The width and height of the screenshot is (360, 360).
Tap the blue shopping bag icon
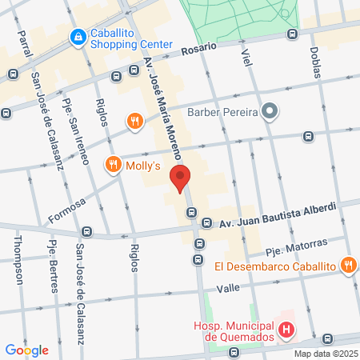[x=78, y=36]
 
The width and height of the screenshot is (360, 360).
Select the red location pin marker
[x=180, y=178]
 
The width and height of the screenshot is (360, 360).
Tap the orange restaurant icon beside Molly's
[x=112, y=166]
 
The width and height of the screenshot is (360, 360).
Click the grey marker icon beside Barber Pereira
[x=270, y=111]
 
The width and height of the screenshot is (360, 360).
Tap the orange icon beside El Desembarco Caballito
[x=348, y=265]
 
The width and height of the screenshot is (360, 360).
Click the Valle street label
[x=228, y=286]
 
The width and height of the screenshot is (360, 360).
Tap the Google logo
[x=26, y=350]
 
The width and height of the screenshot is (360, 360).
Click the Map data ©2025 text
[x=326, y=354]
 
